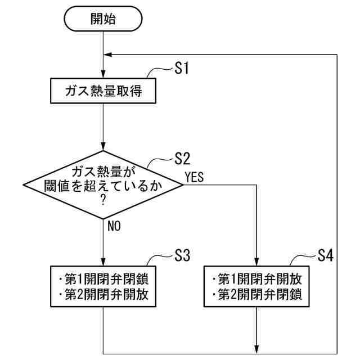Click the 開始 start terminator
tap(103, 20)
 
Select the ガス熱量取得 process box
tap(103, 92)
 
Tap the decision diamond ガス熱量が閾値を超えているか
tap(103, 184)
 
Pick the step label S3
tap(181, 255)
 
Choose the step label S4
tap(325, 255)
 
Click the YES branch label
tap(194, 178)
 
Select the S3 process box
tap(103, 286)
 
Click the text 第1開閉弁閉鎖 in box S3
tap(103, 279)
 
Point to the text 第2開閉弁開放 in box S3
tap(103, 294)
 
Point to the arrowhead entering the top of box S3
tap(103, 260)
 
